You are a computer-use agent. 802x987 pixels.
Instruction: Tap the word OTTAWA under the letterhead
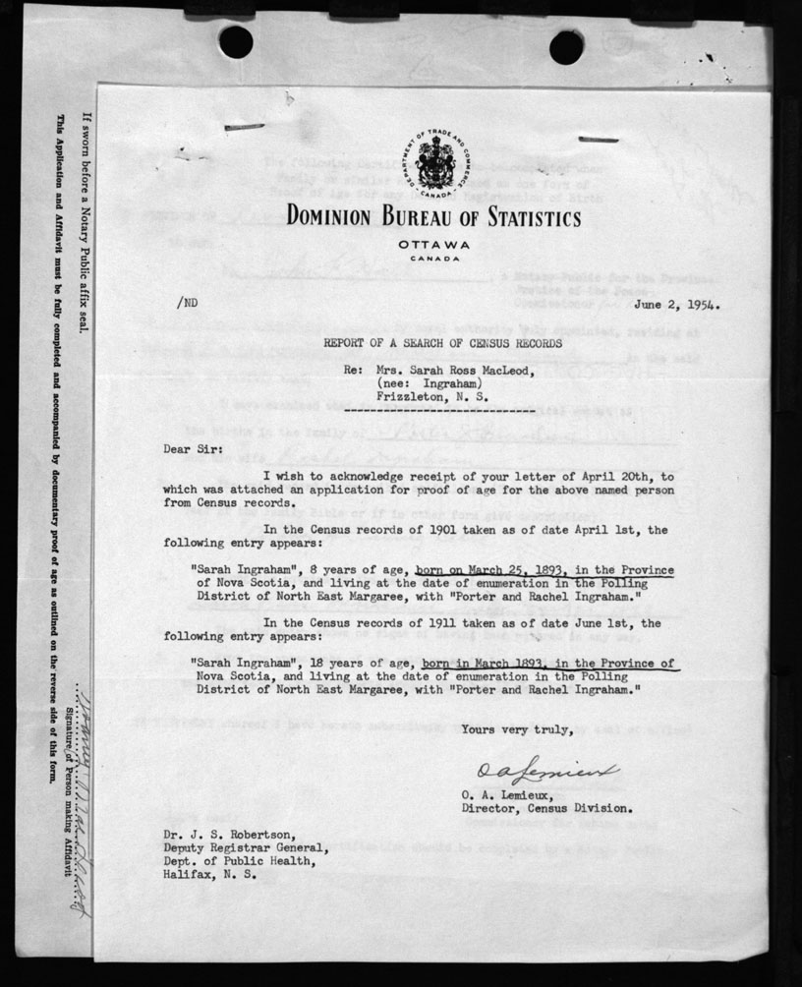(x=433, y=244)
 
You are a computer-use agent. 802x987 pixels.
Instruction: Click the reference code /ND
(x=187, y=303)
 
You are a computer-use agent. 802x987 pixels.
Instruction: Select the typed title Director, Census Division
(x=546, y=808)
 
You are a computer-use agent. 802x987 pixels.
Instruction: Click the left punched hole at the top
(x=236, y=41)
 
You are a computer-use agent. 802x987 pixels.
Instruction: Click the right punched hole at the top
(x=566, y=46)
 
